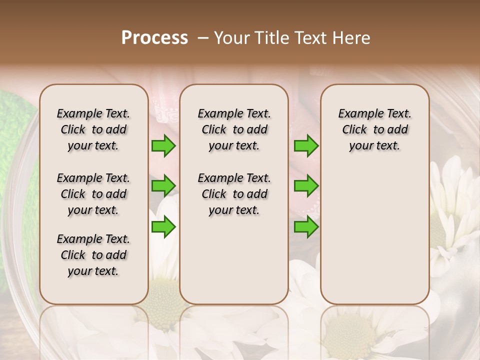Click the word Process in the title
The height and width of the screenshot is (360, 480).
point(154,38)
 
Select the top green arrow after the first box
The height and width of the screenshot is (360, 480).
point(163,146)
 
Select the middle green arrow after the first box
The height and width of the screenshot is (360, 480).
point(163,186)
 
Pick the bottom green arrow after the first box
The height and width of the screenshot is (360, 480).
point(163,227)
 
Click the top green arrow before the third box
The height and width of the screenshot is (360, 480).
point(306,146)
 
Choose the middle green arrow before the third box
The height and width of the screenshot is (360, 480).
point(306,186)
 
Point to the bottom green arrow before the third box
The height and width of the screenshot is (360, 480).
point(306,227)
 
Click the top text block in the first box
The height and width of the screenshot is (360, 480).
point(93,129)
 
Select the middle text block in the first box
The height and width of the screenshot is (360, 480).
point(93,194)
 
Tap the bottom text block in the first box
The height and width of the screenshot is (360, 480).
point(93,255)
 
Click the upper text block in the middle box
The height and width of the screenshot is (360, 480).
point(234,129)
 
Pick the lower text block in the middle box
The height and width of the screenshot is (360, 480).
point(234,194)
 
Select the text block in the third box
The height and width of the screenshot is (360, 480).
point(374,129)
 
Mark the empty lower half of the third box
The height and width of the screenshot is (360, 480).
point(374,240)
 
